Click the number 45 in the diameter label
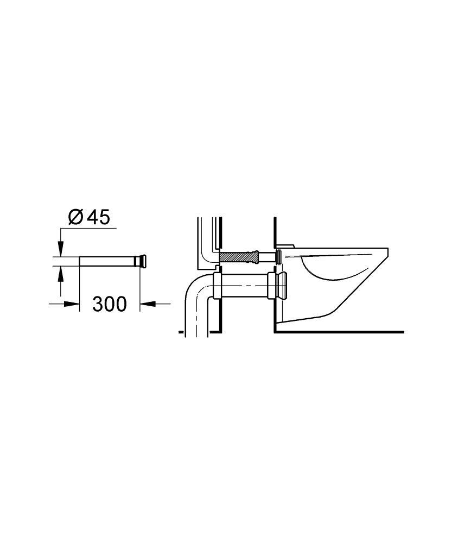98,218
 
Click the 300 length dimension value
110,304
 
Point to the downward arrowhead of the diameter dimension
61,249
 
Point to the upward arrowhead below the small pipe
61,273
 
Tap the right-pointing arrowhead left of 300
72,304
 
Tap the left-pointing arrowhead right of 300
148,304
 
